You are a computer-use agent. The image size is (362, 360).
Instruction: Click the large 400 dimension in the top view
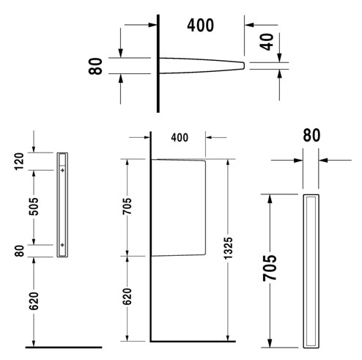(200, 26)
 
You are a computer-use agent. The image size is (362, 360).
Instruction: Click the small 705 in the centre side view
(128, 206)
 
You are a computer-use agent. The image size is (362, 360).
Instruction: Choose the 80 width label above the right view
(311, 136)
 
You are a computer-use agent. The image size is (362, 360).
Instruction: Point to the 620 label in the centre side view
(128, 296)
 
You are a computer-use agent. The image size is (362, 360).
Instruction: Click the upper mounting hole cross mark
(62, 169)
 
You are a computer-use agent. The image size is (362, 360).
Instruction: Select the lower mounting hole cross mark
(62, 244)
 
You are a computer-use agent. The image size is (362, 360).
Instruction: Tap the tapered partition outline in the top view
(202, 66)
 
